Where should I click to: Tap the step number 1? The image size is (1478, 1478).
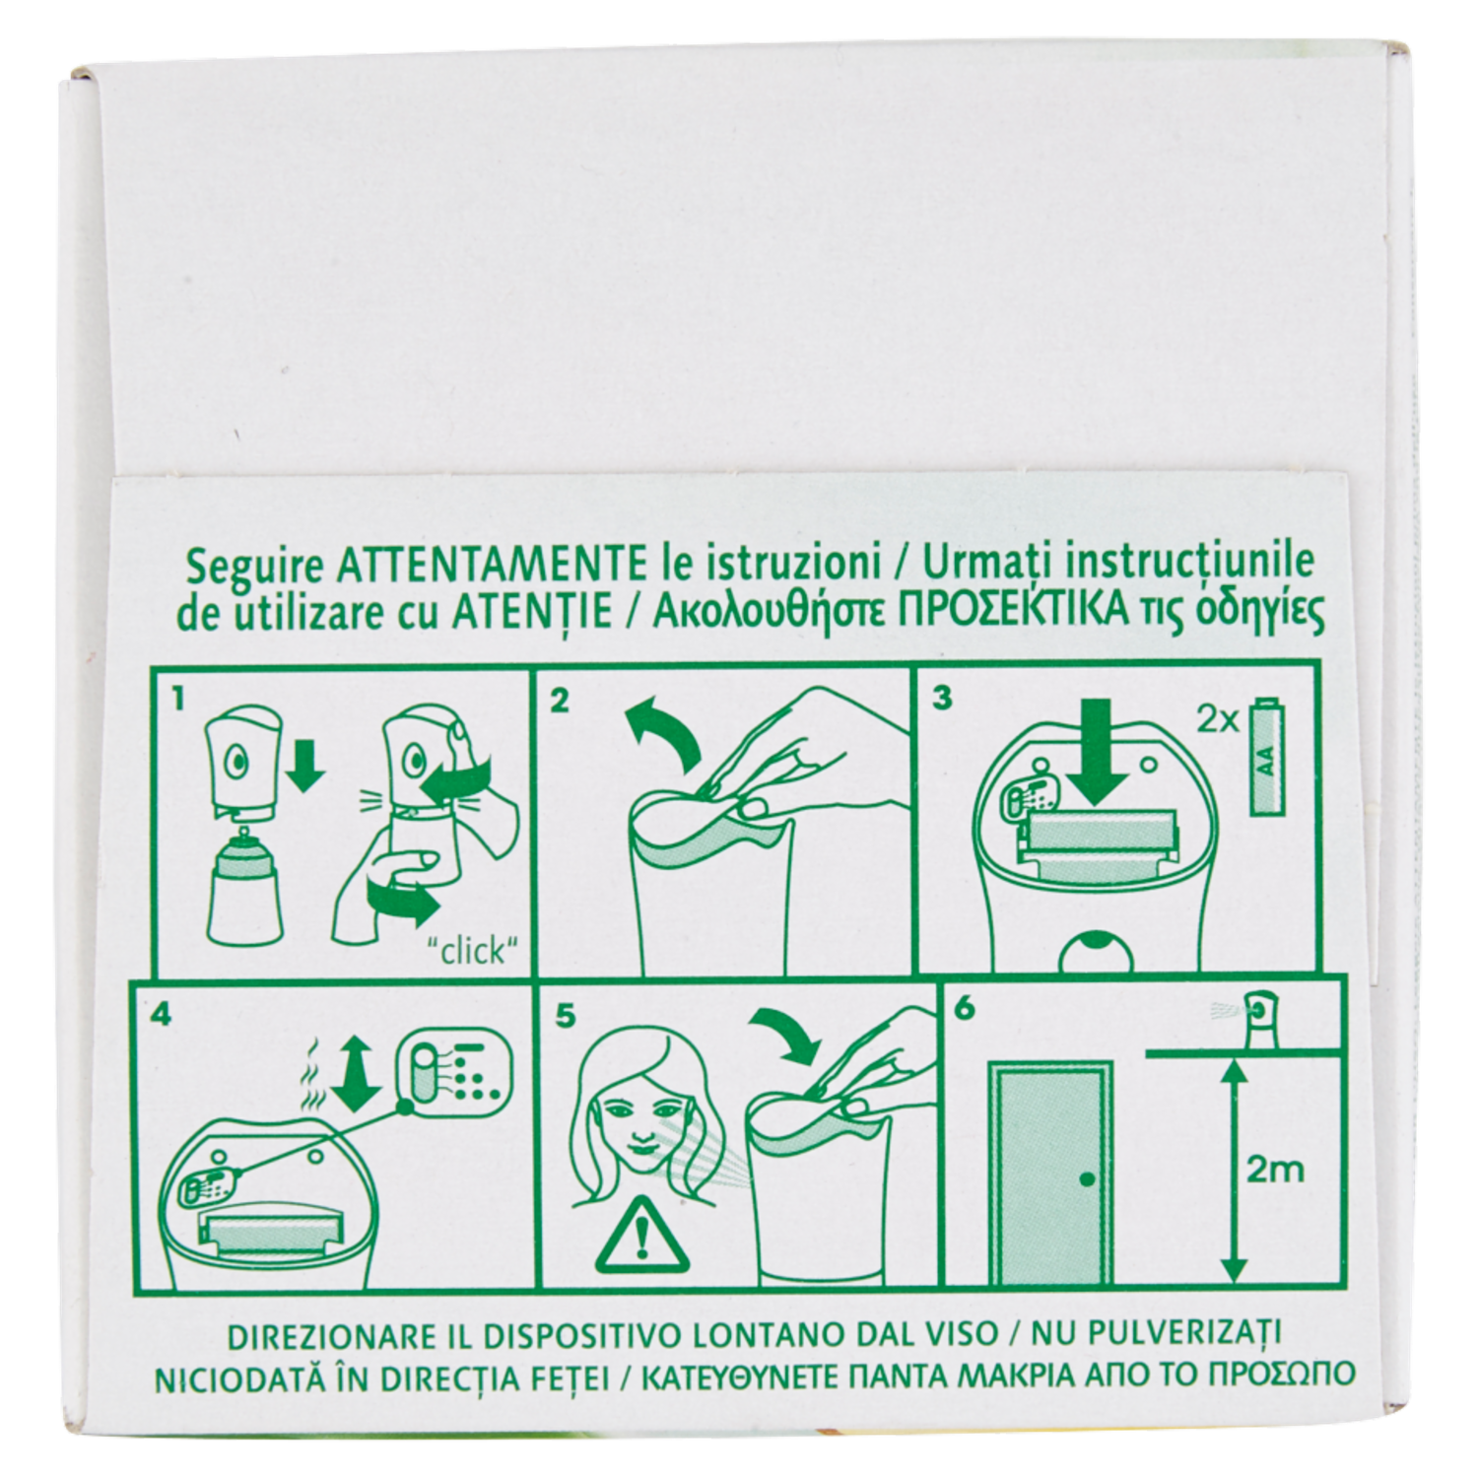177,700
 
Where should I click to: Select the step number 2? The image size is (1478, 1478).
560,701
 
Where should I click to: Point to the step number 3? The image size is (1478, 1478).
942,699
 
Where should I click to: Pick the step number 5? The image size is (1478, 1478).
565,1015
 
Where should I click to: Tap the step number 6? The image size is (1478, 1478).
966,1010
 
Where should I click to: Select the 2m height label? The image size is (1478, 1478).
1275,1170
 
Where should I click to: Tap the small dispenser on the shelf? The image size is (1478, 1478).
1257,1017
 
